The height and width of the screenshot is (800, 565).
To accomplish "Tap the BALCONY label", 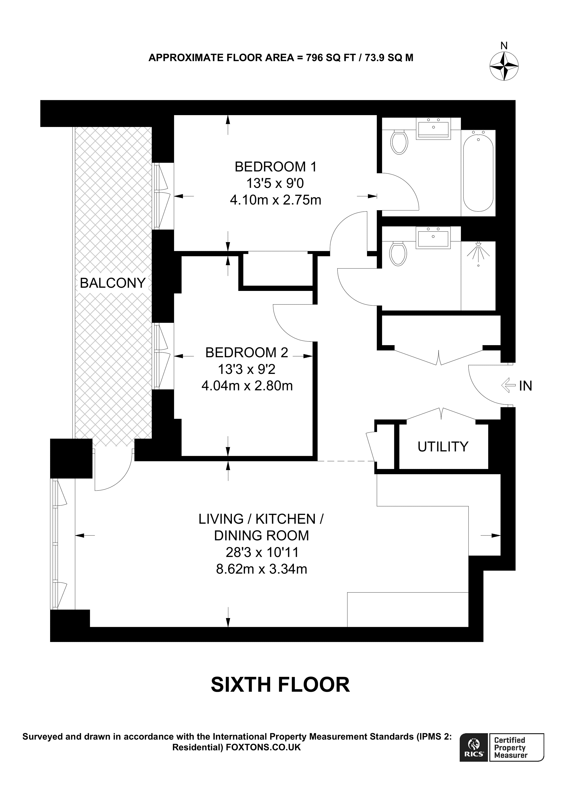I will pos(112,283).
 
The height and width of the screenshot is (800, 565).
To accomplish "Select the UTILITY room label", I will pos(443,446).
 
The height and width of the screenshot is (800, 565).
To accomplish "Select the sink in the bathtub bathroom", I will pos(434,129).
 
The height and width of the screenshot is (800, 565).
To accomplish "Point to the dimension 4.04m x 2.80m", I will pos(247,386).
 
